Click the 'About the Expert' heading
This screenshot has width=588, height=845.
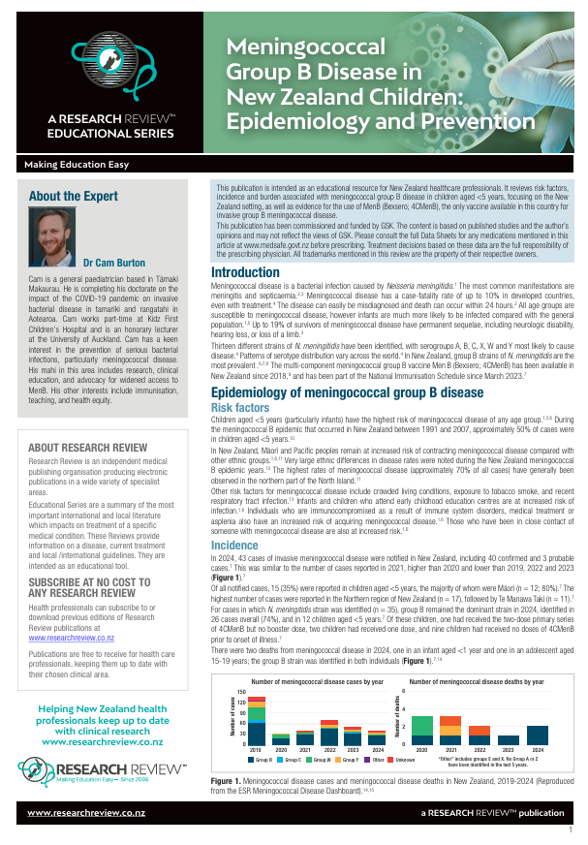(74, 196)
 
